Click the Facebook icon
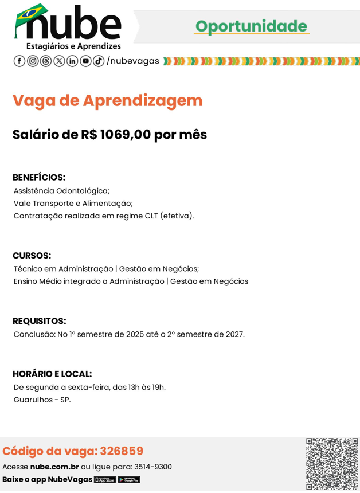point(19,61)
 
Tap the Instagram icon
point(33,61)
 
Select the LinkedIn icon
point(72,61)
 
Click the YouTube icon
point(85,61)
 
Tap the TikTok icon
point(99,61)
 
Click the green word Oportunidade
point(251,26)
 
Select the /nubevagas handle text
point(133,61)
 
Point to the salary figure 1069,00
point(126,135)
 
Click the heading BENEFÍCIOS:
point(39,178)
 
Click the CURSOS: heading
point(32,256)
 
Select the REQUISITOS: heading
point(40,321)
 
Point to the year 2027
point(234,334)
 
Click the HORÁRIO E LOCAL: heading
point(52,374)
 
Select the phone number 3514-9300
point(153,467)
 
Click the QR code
point(332,464)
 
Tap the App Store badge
point(105,480)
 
